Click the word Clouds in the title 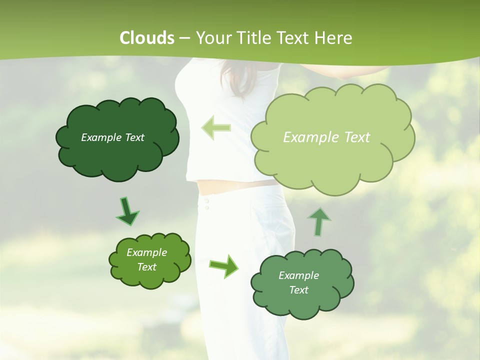point(147,38)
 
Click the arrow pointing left point(216,127)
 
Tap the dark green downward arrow point(127,211)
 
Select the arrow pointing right point(224,265)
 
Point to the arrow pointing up point(319,222)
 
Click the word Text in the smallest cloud point(147,267)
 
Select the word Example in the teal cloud point(298,275)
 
